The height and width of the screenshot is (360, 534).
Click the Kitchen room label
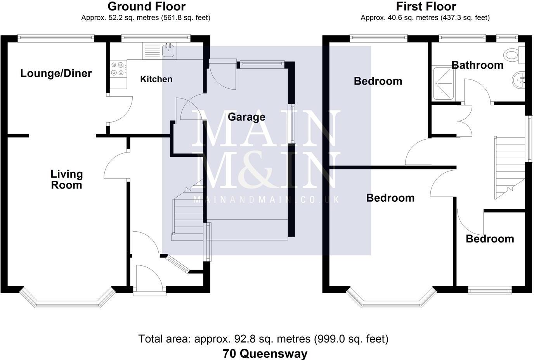[156, 79]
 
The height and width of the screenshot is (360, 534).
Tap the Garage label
[246, 117]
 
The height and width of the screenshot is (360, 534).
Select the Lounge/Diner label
[56, 73]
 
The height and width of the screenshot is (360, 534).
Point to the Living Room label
[67, 180]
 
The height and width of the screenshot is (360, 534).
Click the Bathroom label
[477, 65]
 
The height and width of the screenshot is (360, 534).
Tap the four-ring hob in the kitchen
[118, 69]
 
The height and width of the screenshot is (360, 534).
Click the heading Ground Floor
[146, 7]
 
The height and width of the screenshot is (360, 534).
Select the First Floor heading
[426, 7]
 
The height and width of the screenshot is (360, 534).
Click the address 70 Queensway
[265, 353]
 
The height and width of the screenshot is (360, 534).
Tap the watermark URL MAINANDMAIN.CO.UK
[266, 200]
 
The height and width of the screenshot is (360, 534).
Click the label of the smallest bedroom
[490, 239]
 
